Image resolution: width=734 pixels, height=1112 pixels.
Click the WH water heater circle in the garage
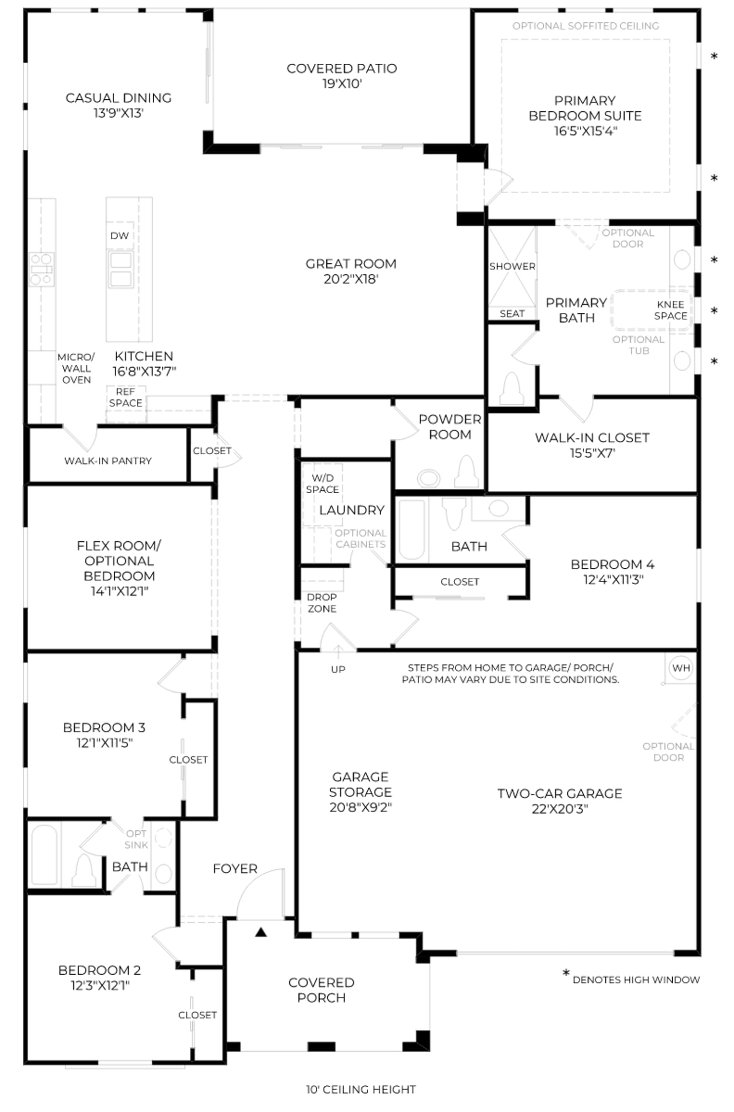pos(681,668)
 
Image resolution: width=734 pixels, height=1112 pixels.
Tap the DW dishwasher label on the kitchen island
pos(120,236)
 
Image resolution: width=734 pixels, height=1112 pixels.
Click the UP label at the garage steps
pos(338,669)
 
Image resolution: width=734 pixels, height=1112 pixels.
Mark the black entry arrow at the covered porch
pos(261,932)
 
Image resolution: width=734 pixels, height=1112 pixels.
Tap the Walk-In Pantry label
pos(108,461)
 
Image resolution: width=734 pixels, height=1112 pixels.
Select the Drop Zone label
pos(322,603)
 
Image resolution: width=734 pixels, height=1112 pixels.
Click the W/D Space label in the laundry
pos(322,483)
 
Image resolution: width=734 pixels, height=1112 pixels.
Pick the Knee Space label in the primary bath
pos(671,310)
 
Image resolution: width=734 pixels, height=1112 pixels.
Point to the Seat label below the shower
pos(512,313)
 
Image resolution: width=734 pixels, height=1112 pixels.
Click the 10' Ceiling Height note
pos(361,1089)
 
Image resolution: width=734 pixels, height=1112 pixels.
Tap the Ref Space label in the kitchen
pos(126,397)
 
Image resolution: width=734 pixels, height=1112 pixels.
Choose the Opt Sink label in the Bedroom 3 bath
pos(136,839)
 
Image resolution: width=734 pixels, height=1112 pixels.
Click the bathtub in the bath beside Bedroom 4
pos(412,529)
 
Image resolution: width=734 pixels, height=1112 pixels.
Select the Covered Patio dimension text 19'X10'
pos(342,84)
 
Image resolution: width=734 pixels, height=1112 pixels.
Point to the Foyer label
pos(235,868)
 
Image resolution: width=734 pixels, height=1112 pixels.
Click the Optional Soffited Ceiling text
pos(586,26)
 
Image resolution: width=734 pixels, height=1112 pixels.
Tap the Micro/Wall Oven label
pos(76,368)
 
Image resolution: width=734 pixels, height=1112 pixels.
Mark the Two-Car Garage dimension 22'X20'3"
pos(560,809)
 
